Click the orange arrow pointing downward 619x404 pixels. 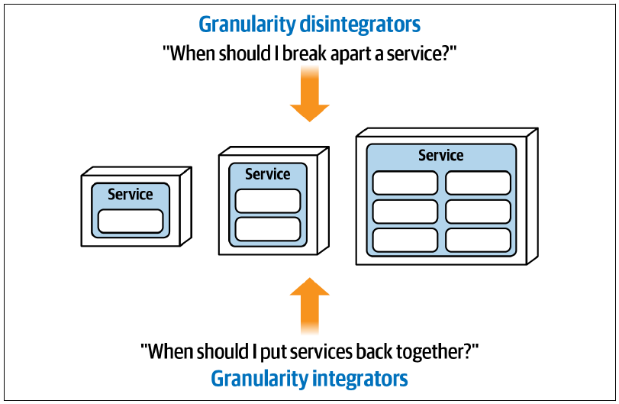point(310,94)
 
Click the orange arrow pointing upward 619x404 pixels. point(310,306)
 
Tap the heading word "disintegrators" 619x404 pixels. point(359,24)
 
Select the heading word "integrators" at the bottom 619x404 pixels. point(359,378)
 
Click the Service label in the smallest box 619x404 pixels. point(131,194)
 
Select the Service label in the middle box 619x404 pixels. point(268,174)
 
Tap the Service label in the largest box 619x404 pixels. point(441,155)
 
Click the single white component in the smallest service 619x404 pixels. point(131,221)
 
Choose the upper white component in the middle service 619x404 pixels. point(268,201)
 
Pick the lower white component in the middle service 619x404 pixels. point(268,229)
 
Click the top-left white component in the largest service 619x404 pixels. point(405,183)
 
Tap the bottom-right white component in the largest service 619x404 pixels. point(478,240)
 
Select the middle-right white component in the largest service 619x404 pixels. point(478,212)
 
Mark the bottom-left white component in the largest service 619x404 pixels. point(405,240)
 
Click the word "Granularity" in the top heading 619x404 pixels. point(247,24)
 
